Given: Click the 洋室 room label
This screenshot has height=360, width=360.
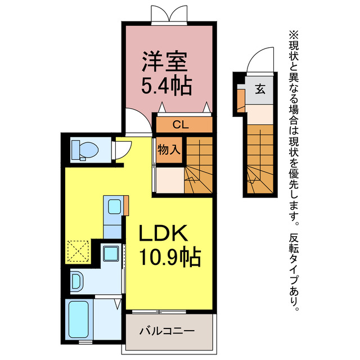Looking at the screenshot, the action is click(164, 61).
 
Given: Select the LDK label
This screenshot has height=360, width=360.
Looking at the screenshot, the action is click(163, 233).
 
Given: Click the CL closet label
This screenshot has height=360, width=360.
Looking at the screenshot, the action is click(181, 125).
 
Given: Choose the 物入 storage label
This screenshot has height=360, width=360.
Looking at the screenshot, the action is click(169, 150).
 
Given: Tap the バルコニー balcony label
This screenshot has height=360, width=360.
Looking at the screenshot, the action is click(167, 331).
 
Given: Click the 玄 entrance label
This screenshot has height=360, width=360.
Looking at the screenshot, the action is click(260, 89).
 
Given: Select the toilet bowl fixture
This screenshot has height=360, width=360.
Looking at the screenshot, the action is click(85, 150).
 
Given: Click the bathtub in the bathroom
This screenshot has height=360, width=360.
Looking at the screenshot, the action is click(79, 319).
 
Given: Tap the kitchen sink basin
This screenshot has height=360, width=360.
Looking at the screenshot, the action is click(115, 206).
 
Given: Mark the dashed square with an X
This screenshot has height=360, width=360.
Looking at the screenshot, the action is click(78, 251).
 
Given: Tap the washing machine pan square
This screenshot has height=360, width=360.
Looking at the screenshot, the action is click(111, 254).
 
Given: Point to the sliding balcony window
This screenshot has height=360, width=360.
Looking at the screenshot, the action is click(159, 312).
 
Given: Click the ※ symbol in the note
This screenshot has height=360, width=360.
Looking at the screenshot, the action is click(294, 35).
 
